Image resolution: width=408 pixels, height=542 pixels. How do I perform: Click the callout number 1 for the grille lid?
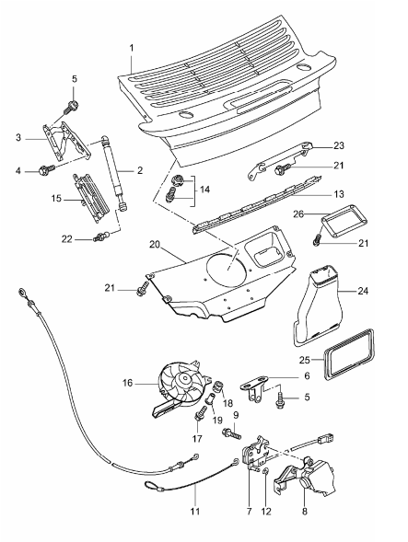pyautogui.click(x=132, y=48)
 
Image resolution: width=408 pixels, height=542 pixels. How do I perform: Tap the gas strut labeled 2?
pyautogui.click(x=113, y=173)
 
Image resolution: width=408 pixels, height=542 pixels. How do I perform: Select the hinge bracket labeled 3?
pyautogui.click(x=66, y=141)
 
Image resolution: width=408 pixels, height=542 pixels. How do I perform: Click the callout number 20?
pyautogui.click(x=155, y=245)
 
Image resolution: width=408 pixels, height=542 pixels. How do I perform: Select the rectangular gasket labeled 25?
pyautogui.click(x=349, y=354)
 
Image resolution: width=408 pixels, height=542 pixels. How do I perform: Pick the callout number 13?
pyautogui.click(x=339, y=194)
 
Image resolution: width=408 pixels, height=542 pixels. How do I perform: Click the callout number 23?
pyautogui.click(x=339, y=145)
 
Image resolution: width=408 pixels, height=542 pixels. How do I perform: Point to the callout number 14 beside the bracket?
pyautogui.click(x=204, y=190)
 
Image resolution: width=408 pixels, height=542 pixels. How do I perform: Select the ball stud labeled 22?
pyautogui.click(x=102, y=236)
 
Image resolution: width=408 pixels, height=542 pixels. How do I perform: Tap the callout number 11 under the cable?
pyautogui.click(x=195, y=511)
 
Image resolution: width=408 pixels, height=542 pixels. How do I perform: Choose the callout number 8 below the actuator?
pyautogui.click(x=305, y=511)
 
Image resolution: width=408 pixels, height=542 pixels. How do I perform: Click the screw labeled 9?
pyautogui.click(x=231, y=433)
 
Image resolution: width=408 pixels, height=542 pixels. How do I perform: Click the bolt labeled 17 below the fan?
pyautogui.click(x=201, y=413)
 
